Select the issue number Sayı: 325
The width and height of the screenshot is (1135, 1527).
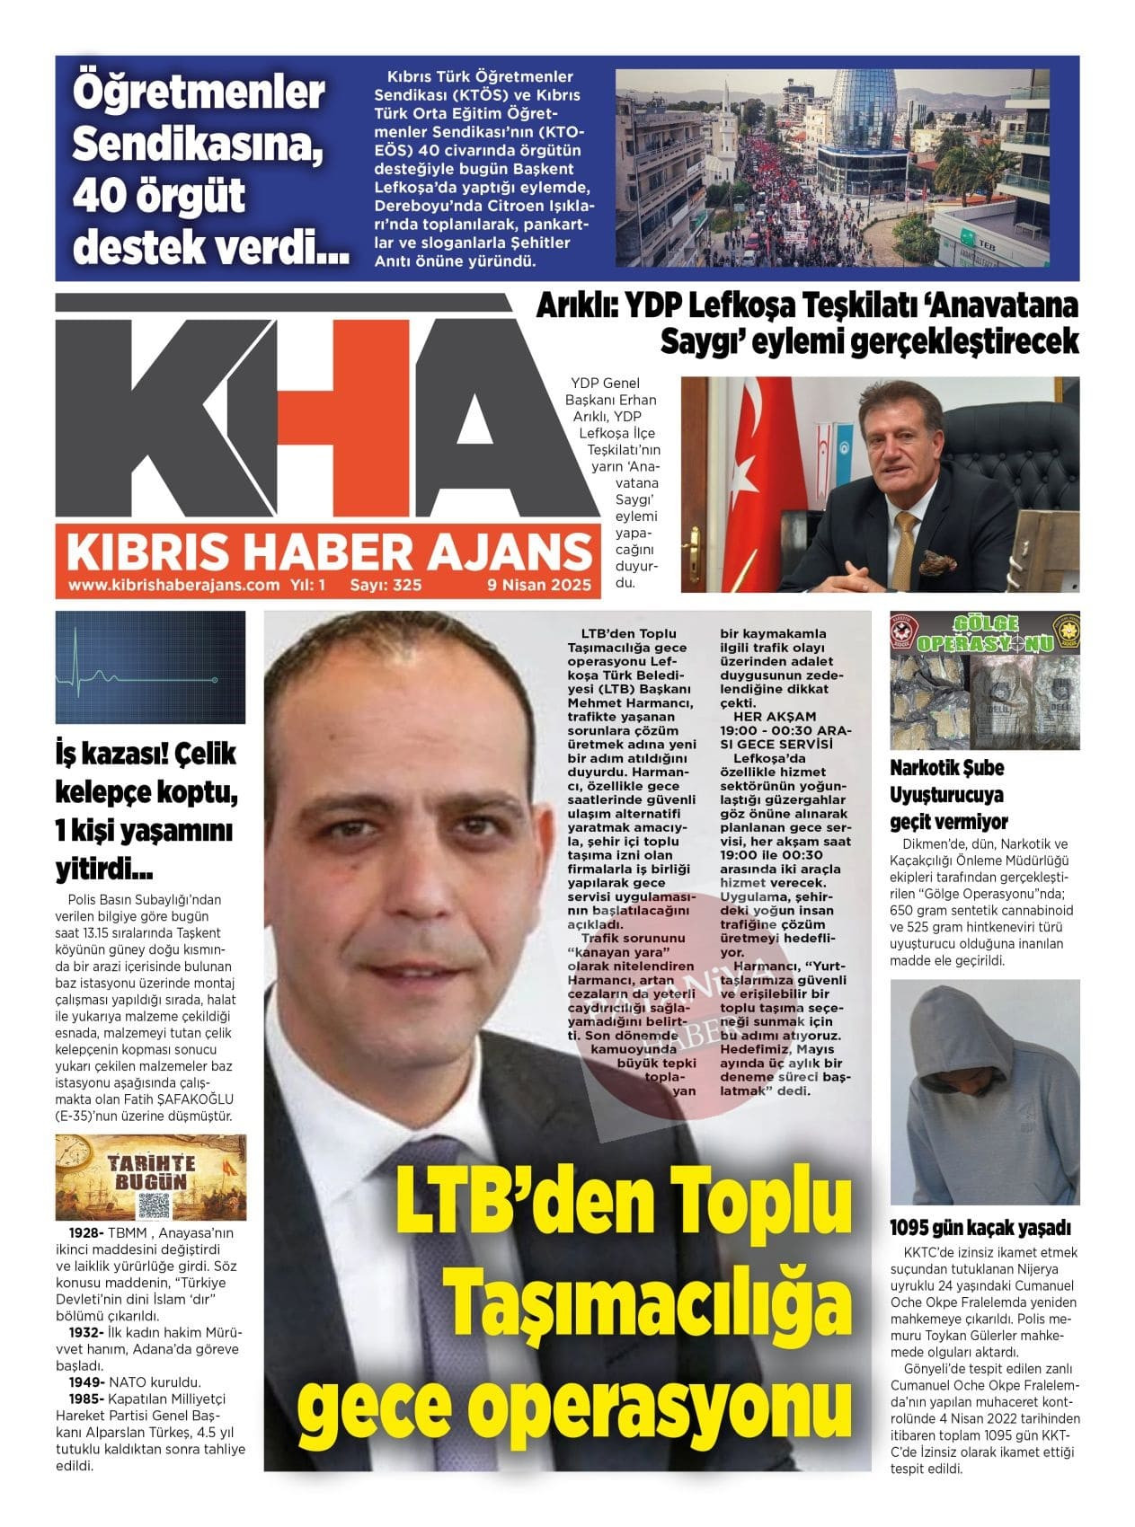coord(386,585)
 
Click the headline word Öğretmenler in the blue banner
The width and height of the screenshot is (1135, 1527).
coord(198,93)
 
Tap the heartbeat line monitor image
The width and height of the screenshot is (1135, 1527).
coord(150,667)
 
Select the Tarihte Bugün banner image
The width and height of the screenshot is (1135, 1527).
coord(150,1177)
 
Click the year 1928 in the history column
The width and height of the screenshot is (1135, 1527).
coord(86,1232)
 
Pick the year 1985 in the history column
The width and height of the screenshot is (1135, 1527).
coord(86,1399)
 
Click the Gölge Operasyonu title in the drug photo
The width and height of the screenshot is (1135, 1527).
coord(985,634)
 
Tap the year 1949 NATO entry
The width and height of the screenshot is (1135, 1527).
coord(86,1382)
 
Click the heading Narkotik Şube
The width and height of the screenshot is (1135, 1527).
coord(946,768)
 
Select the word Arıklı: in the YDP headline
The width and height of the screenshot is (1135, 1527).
coord(576,307)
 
